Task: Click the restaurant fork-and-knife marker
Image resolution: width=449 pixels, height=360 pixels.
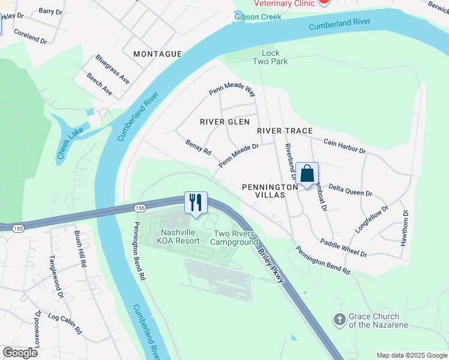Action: click(x=195, y=202)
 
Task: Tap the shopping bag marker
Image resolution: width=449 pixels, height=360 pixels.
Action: click(x=307, y=173)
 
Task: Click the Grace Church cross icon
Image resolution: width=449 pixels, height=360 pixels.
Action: click(x=340, y=320)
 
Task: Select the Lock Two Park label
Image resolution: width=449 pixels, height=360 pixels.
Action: click(x=274, y=57)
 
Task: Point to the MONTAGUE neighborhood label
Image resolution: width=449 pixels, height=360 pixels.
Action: click(x=157, y=54)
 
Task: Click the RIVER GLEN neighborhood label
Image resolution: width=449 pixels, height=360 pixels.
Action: click(x=224, y=122)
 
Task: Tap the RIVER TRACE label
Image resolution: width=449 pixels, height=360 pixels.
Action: click(x=285, y=131)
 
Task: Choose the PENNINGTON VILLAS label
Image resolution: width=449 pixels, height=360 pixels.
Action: click(x=270, y=191)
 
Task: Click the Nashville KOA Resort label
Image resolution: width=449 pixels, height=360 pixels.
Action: click(x=179, y=236)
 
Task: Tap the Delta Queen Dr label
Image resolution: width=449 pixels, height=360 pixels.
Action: click(x=351, y=190)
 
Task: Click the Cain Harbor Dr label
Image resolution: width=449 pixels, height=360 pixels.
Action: click(x=345, y=145)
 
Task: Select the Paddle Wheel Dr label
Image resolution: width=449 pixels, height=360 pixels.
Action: click(x=343, y=248)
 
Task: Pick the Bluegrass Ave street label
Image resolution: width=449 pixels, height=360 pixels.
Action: click(x=112, y=68)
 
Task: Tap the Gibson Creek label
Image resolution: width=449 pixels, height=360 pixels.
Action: click(x=258, y=17)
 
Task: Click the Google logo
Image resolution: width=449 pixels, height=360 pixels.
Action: click(x=20, y=353)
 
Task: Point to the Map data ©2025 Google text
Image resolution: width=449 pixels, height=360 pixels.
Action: click(x=411, y=355)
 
